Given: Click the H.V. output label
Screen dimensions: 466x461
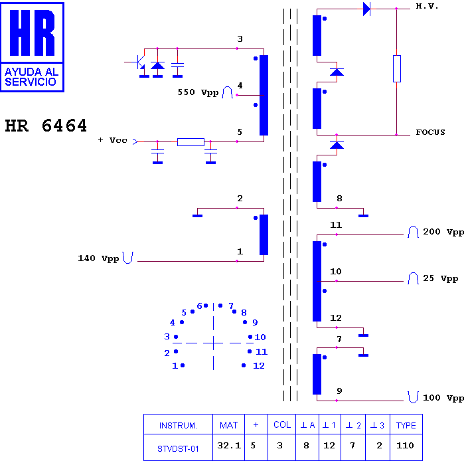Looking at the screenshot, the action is [x=427, y=6].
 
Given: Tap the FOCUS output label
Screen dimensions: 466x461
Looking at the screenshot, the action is [x=430, y=132].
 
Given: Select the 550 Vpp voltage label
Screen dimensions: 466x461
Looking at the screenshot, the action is [x=198, y=92].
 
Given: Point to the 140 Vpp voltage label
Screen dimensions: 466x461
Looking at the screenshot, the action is [x=98, y=258].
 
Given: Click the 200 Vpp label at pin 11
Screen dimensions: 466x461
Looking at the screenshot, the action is [x=443, y=232].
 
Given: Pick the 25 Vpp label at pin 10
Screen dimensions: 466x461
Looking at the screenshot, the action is [x=440, y=279].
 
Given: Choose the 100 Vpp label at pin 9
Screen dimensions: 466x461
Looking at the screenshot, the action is [x=443, y=398].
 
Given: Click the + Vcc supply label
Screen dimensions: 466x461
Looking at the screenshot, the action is [x=113, y=140].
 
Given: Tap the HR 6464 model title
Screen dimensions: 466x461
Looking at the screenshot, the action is [x=46, y=126].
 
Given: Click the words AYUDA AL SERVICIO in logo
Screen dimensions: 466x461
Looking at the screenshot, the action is [x=31, y=77].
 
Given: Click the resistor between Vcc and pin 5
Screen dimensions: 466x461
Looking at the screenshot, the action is [x=191, y=142].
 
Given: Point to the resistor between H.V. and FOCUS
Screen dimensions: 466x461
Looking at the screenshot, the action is [x=397, y=68].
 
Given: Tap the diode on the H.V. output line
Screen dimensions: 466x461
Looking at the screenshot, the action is [x=366, y=9].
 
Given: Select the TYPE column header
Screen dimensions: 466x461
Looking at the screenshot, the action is [x=406, y=425].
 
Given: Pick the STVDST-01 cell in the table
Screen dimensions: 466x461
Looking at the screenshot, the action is [x=178, y=449].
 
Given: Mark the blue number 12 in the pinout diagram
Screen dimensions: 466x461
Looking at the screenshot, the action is [x=259, y=366].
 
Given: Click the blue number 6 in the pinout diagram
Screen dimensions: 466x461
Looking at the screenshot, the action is [x=199, y=306].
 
